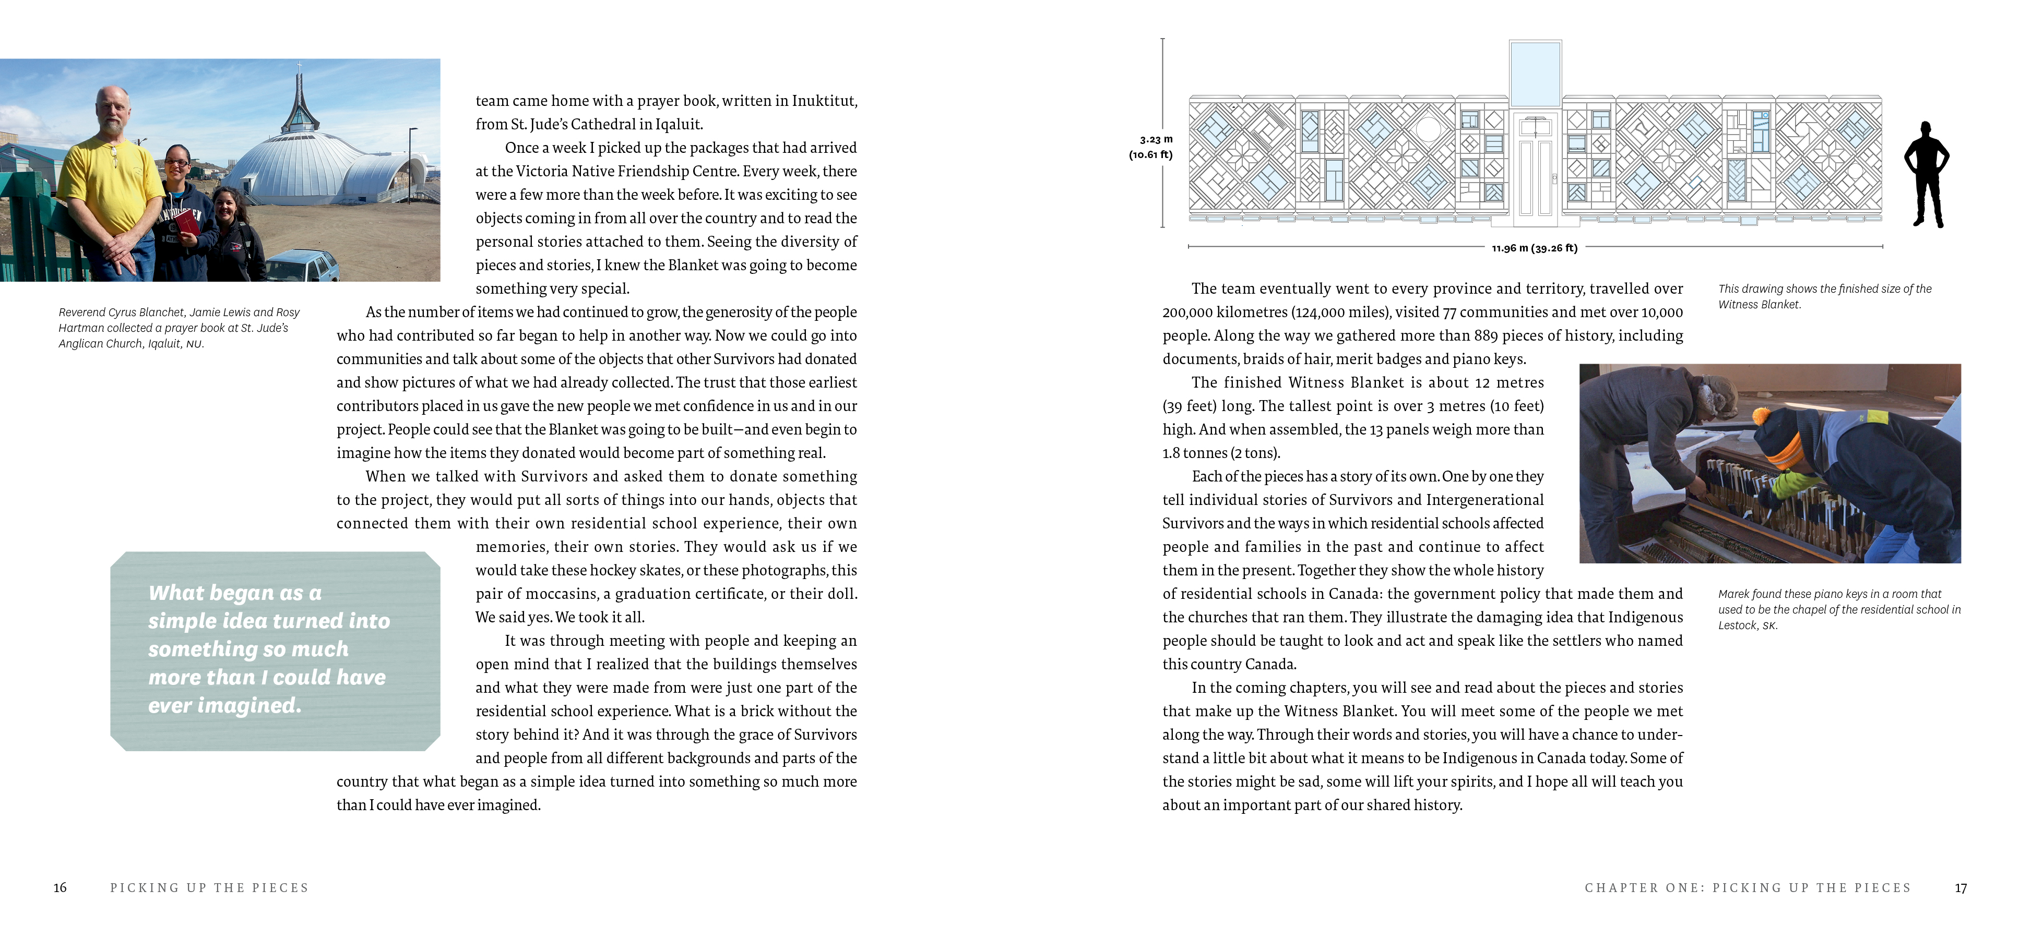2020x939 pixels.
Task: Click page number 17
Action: point(1960,888)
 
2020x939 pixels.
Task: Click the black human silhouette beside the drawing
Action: point(1927,175)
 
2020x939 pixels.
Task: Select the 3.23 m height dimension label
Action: point(1155,139)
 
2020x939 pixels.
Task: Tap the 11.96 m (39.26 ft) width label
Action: point(1534,248)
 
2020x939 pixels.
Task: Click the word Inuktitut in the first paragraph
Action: point(824,101)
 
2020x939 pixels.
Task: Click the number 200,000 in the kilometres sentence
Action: point(1187,312)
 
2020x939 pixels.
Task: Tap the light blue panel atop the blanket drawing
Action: point(1535,75)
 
